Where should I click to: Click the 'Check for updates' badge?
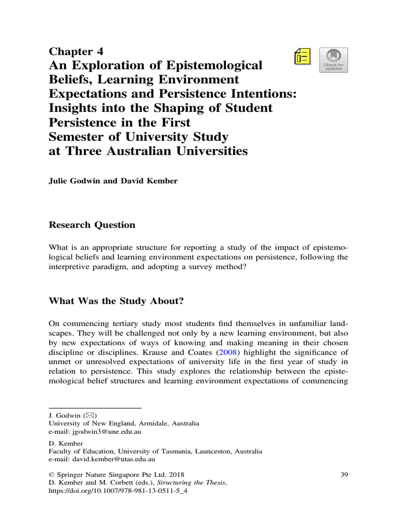coord(333,60)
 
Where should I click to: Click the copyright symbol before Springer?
coord(51,475)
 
